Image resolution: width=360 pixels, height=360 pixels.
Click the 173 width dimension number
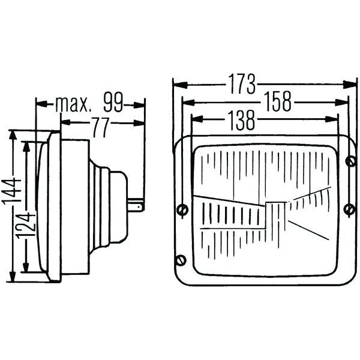pyautogui.click(x=242, y=85)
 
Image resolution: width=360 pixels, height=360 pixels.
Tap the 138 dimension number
pyautogui.click(x=241, y=121)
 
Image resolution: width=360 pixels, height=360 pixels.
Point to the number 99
pyautogui.click(x=113, y=104)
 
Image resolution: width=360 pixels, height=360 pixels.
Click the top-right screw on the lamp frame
pyautogui.click(x=350, y=160)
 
